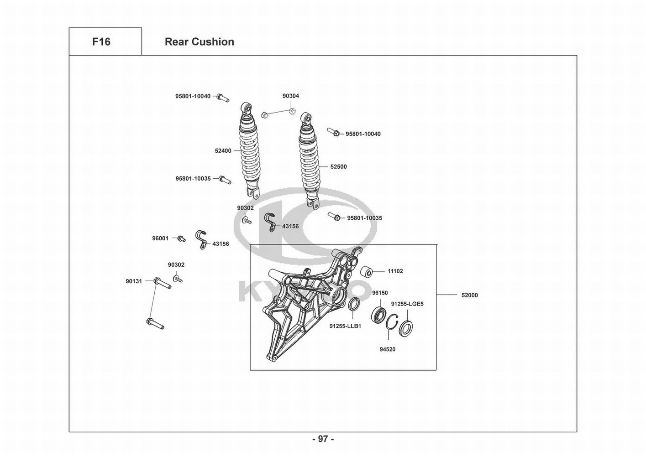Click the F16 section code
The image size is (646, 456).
(x=101, y=42)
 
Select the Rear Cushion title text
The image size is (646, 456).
(x=199, y=42)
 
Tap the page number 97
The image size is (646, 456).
(x=323, y=439)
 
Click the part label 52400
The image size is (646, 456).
(x=223, y=151)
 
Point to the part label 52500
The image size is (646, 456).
(x=338, y=167)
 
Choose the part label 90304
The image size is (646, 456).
(x=291, y=96)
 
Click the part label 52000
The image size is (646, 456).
(x=469, y=295)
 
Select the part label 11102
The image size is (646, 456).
(x=395, y=271)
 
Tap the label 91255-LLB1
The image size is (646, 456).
(x=345, y=326)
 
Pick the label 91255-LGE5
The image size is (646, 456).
(x=407, y=304)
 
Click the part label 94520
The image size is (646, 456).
(x=388, y=350)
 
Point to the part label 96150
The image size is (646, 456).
(x=380, y=293)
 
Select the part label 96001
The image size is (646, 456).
(x=160, y=238)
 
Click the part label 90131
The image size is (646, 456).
(x=134, y=281)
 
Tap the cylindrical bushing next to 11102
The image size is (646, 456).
(x=367, y=272)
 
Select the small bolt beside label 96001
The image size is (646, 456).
(x=182, y=238)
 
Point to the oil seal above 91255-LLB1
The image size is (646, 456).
(x=354, y=304)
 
